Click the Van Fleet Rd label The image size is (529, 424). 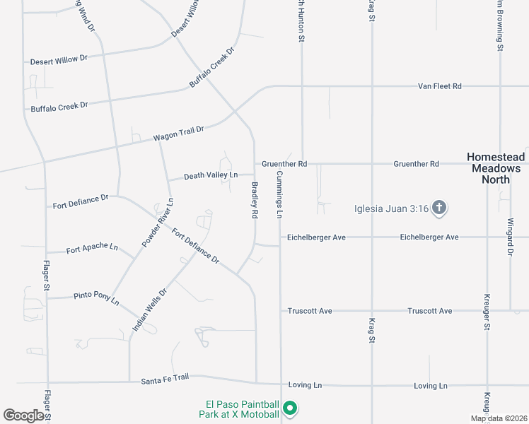[x=439, y=86]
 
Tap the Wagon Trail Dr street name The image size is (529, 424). [x=178, y=133]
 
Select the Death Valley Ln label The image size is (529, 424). [x=210, y=175]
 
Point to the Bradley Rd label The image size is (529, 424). [x=254, y=201]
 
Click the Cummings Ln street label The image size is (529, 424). [x=279, y=194]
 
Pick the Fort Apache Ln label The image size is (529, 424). [x=92, y=248]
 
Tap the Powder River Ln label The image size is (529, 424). [x=158, y=223]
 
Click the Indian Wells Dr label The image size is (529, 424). [x=149, y=310]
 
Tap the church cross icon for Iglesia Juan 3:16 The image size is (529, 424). [x=438, y=207]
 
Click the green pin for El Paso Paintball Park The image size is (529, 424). [x=289, y=408]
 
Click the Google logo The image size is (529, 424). [x=23, y=416]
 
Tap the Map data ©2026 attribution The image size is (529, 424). [x=498, y=418]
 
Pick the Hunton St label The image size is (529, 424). [x=300, y=21]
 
